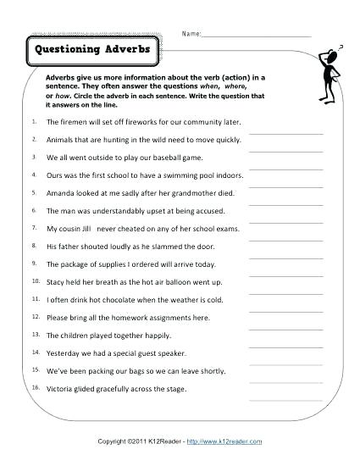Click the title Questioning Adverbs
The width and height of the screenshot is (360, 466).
(x=92, y=49)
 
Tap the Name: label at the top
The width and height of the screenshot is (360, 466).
(x=191, y=34)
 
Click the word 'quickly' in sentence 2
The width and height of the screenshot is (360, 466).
(x=215, y=140)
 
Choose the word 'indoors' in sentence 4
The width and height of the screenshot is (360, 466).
(x=226, y=175)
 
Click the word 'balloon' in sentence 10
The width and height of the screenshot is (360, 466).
(x=191, y=282)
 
